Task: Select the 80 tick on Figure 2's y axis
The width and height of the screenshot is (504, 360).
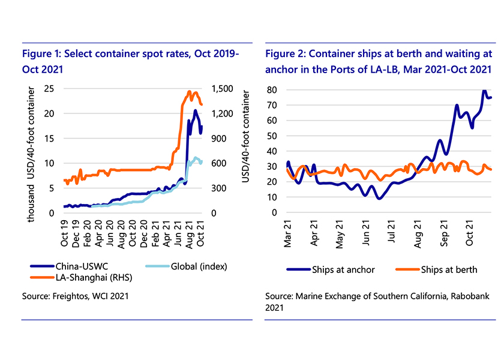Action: point(276,90)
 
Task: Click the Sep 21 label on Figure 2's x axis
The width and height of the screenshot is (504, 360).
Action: point(445,229)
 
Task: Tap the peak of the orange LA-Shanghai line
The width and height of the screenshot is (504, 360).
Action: point(190,92)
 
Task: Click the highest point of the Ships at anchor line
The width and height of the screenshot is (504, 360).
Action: point(484,91)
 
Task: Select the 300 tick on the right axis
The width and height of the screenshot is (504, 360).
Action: point(220,188)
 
